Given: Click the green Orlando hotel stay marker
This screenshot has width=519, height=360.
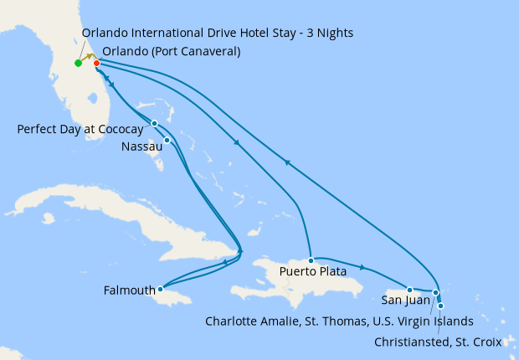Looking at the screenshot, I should point(78,63).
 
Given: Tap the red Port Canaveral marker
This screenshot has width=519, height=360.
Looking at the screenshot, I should point(97,63).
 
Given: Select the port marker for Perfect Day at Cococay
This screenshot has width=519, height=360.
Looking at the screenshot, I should point(154,124).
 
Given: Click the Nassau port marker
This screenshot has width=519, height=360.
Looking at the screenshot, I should point(167,140).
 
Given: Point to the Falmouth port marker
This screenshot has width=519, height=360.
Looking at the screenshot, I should point(161,290).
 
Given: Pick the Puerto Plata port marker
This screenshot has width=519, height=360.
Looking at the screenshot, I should point(311,260).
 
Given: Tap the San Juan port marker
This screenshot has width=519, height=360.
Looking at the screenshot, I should point(409,290).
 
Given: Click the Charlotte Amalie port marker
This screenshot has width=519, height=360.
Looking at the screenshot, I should point(435,292).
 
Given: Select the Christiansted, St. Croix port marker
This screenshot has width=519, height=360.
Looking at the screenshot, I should point(440,306).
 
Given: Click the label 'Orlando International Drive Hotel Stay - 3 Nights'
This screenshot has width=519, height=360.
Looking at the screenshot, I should point(218,33).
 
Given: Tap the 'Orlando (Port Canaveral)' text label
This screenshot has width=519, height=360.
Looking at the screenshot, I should point(172,51).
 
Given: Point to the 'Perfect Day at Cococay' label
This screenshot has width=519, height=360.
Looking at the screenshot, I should point(80,130).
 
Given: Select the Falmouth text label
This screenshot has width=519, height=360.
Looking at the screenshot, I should point(129,291).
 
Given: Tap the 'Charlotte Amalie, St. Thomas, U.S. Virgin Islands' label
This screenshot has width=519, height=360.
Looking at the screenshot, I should point(339,321).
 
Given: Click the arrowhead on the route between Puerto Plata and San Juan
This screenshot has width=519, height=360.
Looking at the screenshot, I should point(362,268).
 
